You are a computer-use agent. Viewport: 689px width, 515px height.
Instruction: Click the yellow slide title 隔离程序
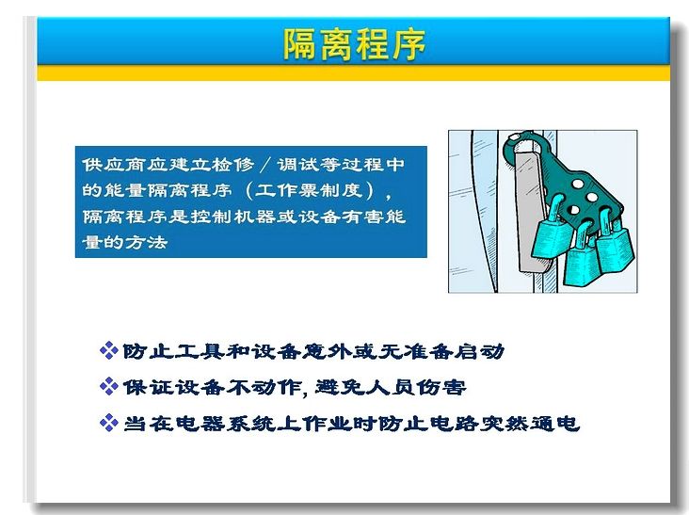pyautogui.click(x=355, y=44)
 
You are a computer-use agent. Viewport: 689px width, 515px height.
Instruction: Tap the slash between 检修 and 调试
pyautogui.click(x=265, y=165)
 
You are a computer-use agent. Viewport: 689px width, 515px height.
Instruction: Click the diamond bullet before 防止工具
pyautogui.click(x=109, y=350)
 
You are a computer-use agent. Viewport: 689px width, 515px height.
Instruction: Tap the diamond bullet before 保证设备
pyautogui.click(x=109, y=387)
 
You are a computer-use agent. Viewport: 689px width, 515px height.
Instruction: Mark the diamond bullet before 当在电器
pyautogui.click(x=109, y=423)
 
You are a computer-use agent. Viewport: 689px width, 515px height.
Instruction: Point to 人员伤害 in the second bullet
pyautogui.click(x=416, y=387)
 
